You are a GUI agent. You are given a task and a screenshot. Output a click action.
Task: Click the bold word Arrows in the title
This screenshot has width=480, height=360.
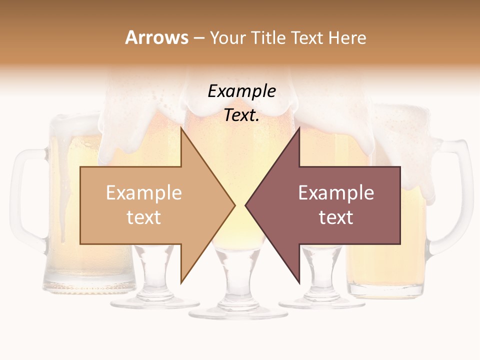click(x=156, y=37)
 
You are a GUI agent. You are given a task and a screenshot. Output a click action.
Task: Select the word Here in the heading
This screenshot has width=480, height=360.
click(x=347, y=37)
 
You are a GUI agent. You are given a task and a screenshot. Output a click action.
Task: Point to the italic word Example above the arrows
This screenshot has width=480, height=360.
click(x=241, y=91)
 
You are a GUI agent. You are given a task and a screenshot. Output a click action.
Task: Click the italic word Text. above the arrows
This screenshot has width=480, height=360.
click(x=241, y=115)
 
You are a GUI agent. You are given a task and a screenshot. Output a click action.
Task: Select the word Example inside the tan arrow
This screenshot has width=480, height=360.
click(x=143, y=193)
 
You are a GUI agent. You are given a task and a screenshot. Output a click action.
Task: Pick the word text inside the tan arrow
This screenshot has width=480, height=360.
click(x=143, y=217)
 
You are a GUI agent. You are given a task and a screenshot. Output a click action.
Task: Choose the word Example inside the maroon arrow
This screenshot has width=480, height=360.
click(x=336, y=193)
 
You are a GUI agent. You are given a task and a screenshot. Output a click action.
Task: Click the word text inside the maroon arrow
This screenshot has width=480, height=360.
click(x=336, y=217)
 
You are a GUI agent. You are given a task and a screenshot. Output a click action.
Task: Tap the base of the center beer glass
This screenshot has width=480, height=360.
click(x=238, y=312)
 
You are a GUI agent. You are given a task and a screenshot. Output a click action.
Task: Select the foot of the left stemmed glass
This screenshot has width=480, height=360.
click(x=154, y=302)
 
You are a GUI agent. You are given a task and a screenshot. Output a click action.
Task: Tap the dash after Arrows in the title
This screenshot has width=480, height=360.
click(x=198, y=38)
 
